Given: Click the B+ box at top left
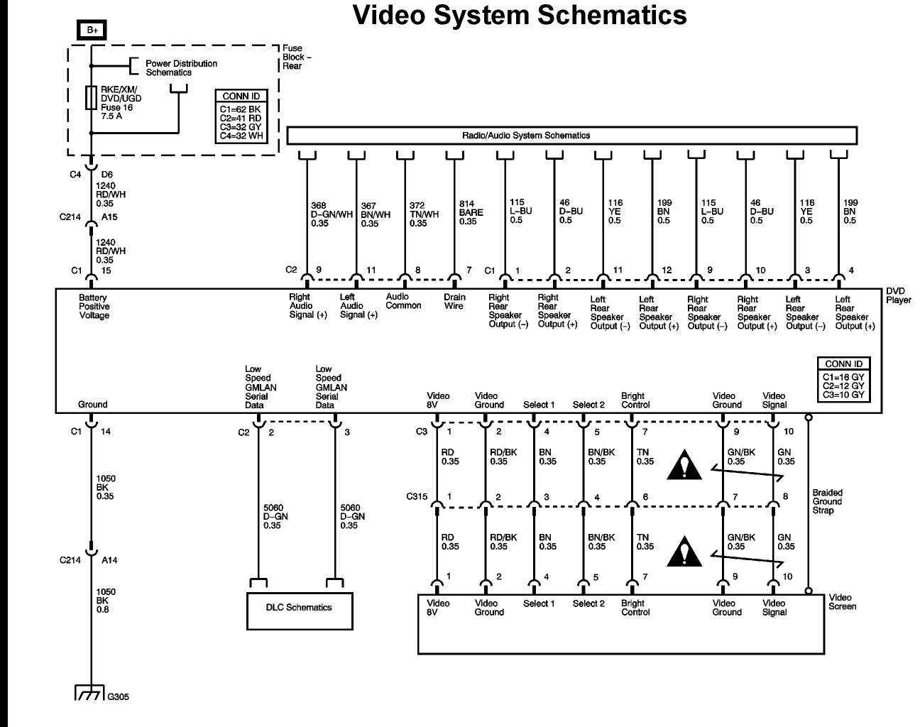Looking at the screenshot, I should point(92,30).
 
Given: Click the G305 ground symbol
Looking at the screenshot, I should point(90,692).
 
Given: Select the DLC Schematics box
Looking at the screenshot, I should point(299,609).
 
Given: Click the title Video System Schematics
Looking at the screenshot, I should point(520,16).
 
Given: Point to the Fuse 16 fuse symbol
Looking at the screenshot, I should point(91,98).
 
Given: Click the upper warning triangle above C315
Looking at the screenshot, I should point(684,466).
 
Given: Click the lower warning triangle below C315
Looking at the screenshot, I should point(684,552).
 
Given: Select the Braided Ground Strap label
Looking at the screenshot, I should point(827,501).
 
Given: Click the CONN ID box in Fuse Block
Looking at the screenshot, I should point(241,116).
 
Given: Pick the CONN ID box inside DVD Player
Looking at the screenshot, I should point(843,380).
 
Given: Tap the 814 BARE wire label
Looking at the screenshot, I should point(470,212).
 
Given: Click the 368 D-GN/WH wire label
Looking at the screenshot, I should point(331,214).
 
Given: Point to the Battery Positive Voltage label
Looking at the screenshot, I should point(94,307).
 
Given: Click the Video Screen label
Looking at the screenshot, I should point(842,602).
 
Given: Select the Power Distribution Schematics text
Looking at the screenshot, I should point(181,67).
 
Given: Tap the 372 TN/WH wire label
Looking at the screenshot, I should point(424,214).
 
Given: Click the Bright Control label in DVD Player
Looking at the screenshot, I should point(635,400).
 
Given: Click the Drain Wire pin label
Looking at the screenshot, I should point(454,302).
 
